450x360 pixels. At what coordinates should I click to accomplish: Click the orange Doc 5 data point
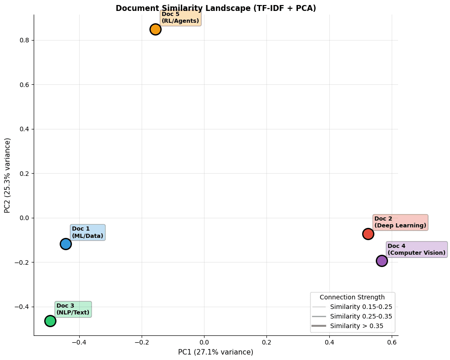(x=155, y=29)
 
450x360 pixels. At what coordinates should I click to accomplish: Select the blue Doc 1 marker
(x=66, y=244)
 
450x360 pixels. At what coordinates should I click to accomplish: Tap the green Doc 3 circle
(x=50, y=321)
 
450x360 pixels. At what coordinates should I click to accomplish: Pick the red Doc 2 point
(x=368, y=234)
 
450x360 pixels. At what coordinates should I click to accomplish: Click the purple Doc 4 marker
(x=382, y=261)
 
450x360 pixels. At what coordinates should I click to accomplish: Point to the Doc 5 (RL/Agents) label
(x=180, y=17)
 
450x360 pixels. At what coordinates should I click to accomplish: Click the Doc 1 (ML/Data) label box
(x=87, y=232)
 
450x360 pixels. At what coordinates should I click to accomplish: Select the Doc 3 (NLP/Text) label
(x=73, y=309)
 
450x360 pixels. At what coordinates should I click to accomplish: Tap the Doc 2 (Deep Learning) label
(x=400, y=222)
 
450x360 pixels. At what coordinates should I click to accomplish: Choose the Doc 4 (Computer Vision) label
(x=416, y=249)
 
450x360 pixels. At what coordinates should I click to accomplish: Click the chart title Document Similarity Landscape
(x=215, y=8)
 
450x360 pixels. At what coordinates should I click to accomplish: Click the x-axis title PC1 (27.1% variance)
(x=215, y=352)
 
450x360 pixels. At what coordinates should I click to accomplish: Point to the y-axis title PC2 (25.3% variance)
(x=7, y=175)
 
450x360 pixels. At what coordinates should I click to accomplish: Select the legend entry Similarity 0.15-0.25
(x=361, y=307)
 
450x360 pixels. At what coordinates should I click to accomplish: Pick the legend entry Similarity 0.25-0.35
(x=361, y=316)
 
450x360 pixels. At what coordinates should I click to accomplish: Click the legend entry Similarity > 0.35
(x=356, y=326)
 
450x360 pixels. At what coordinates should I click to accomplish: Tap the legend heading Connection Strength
(x=352, y=297)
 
